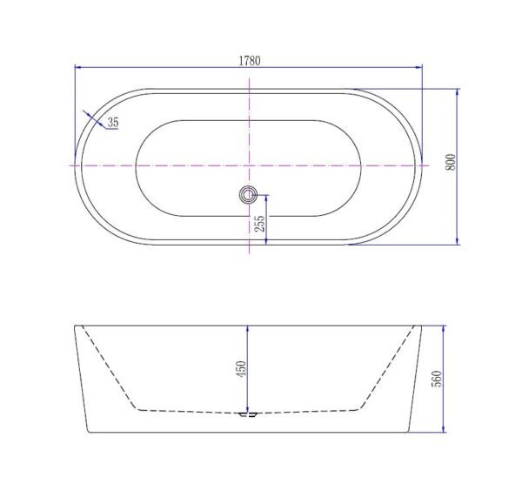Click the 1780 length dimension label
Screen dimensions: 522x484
(x=250, y=61)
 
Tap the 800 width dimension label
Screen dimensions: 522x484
(x=450, y=162)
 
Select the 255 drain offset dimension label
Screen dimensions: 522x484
(x=259, y=224)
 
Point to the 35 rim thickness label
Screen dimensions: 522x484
(x=113, y=122)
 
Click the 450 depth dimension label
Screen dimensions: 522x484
(x=241, y=369)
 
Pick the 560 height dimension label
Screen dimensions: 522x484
(x=437, y=379)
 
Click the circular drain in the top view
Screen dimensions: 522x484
(x=248, y=194)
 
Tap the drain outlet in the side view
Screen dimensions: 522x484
(x=248, y=414)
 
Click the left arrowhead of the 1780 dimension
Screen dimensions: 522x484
(x=78, y=67)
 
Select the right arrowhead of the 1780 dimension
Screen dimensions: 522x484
(x=418, y=67)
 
